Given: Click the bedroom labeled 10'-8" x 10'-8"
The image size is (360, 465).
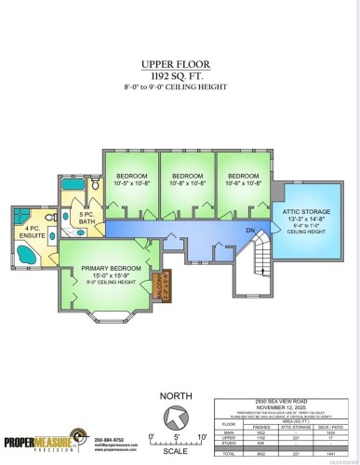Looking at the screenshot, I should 187,179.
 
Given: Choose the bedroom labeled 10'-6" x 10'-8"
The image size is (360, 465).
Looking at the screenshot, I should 243,179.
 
